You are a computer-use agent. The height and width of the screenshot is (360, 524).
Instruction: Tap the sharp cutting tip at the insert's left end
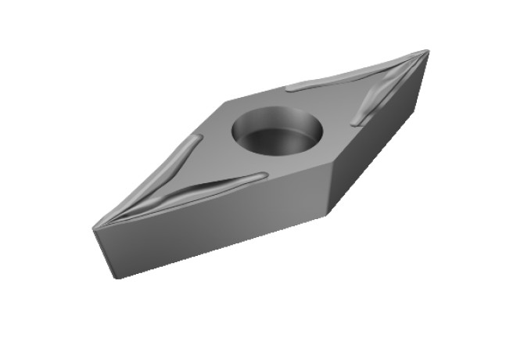pos(94,228)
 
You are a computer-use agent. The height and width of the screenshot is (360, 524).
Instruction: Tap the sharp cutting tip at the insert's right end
pos(428,52)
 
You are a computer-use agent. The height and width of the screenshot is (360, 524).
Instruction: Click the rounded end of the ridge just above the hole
pos(292,87)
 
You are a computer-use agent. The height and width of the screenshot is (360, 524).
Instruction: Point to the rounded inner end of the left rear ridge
pos(193,141)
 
